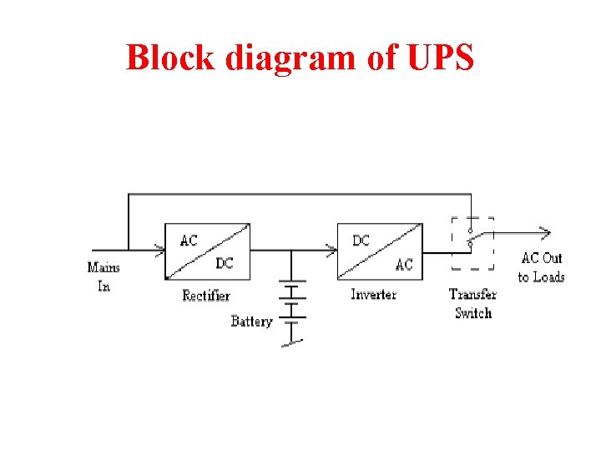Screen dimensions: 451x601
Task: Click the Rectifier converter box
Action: [x=208, y=251]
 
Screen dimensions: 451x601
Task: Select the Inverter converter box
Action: [x=379, y=251]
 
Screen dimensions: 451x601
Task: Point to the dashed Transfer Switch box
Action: [x=472, y=243]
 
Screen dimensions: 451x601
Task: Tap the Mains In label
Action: [x=104, y=276]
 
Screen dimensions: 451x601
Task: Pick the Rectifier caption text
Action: [x=206, y=296]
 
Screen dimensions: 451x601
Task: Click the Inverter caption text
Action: [x=374, y=294]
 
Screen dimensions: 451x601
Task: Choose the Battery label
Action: [x=251, y=321]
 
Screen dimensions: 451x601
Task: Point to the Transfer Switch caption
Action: [x=472, y=303]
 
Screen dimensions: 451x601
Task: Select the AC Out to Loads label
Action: [x=542, y=267]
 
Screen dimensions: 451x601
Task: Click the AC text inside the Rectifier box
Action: [x=189, y=241]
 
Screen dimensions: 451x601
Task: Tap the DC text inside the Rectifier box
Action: [x=225, y=263]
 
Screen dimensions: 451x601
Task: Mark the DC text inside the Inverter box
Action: [x=361, y=241]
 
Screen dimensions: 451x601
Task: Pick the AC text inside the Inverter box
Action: [x=404, y=265]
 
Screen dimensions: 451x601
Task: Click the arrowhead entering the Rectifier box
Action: [x=159, y=247]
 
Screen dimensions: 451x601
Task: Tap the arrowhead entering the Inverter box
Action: [x=331, y=247]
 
